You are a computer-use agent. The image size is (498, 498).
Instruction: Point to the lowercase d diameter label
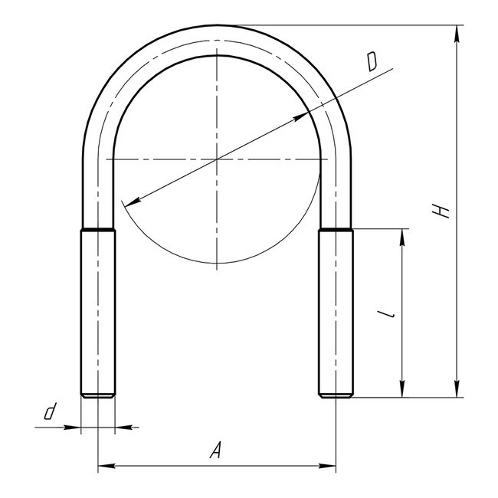50,412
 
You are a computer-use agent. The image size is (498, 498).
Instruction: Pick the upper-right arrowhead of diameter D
302,116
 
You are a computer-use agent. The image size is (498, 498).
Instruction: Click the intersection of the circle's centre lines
218,159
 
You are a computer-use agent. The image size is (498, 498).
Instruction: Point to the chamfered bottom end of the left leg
98,395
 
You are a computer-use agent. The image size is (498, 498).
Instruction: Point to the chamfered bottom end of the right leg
336,395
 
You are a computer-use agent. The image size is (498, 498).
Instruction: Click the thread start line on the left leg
98,229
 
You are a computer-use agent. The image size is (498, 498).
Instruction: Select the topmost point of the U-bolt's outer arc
218,25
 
